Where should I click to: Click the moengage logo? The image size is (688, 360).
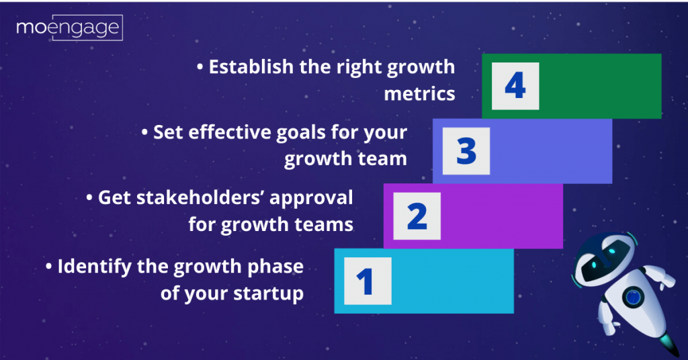69,28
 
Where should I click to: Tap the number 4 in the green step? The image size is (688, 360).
515,86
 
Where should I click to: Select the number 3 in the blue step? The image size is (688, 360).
466,151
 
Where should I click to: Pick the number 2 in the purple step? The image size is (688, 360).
417,216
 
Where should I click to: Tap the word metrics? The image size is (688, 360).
419,93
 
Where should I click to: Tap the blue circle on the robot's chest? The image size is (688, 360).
633,296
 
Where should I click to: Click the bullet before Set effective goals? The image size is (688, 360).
145,133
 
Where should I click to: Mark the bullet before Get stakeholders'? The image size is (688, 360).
90,198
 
